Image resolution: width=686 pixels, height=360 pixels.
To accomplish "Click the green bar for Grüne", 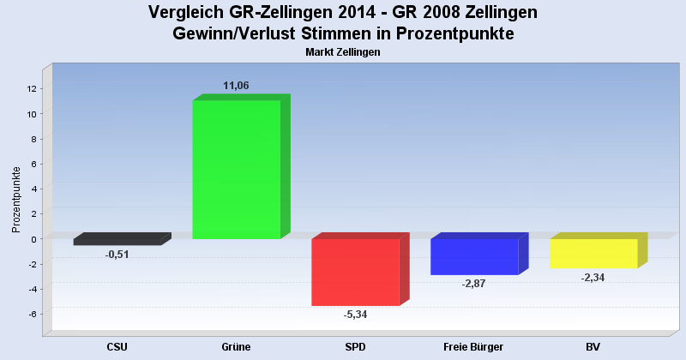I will point(236,169).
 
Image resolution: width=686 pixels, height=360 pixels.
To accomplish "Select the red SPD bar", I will point(355,272).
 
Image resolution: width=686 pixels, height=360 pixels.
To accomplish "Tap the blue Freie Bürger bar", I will point(474,256).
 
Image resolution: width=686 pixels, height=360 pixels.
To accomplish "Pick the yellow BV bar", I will point(593,254).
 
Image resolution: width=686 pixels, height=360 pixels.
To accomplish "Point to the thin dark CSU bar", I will point(117,243).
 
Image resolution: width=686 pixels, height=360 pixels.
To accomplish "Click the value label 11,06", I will point(236,86).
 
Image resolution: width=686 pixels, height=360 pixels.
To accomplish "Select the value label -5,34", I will point(355,315).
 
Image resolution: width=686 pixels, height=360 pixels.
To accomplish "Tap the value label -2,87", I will point(473,284).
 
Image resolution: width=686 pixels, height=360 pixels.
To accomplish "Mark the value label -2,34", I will point(593,278).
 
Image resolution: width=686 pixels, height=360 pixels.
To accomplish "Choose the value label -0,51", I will point(117,255).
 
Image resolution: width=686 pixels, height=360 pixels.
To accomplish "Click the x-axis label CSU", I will point(117,347).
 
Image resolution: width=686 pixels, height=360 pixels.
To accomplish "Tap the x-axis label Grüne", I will point(236,347).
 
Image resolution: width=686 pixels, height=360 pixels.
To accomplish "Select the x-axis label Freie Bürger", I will point(473,347).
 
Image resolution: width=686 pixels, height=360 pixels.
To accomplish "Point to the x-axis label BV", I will point(593,347).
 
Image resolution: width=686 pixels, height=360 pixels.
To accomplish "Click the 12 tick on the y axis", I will point(31,88).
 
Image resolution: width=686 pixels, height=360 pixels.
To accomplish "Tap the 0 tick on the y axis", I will point(33,239).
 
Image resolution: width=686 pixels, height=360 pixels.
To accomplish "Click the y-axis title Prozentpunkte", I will point(15,199).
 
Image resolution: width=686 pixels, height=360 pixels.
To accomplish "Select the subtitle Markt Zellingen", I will point(342,52).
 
